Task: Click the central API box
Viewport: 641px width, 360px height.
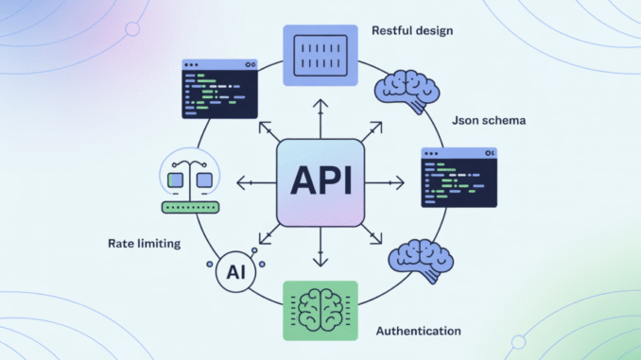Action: pos(320,181)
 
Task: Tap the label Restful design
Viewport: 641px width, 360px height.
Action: pos(412,30)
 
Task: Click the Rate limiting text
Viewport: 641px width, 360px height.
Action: pos(145,244)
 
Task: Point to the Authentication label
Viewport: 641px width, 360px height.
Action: pos(419,331)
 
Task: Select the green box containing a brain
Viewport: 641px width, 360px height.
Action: pos(320,310)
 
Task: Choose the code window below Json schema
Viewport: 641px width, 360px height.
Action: pos(459,177)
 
